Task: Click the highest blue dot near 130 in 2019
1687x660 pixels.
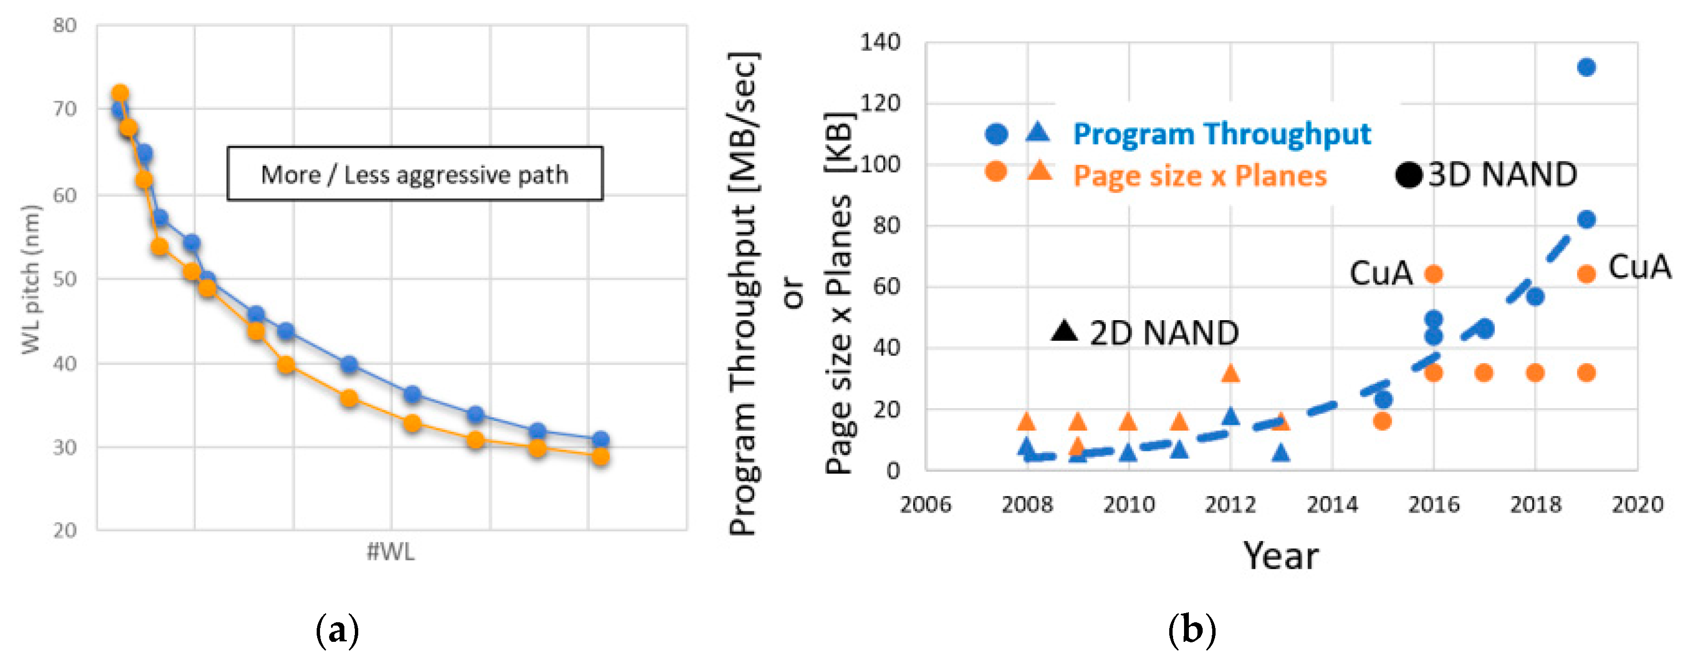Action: click(x=1585, y=67)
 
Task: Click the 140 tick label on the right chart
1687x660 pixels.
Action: click(x=879, y=43)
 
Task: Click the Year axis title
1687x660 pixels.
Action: click(x=1281, y=556)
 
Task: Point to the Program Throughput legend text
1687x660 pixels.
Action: click(x=1221, y=134)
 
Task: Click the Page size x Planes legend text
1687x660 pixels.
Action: click(x=1199, y=176)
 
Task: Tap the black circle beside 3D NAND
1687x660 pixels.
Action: click(x=1408, y=174)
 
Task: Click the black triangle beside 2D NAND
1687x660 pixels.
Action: click(x=1064, y=331)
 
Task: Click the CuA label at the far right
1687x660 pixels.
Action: click(x=1639, y=268)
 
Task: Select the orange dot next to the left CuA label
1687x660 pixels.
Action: click(x=1433, y=274)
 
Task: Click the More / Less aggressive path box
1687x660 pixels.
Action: click(x=415, y=173)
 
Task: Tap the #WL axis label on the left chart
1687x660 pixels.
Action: click(x=390, y=552)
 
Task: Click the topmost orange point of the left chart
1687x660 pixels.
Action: click(x=120, y=94)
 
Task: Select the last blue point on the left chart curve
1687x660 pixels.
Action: click(x=600, y=440)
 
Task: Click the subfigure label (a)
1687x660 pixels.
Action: click(x=337, y=630)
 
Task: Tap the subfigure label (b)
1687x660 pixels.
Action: click(x=1192, y=630)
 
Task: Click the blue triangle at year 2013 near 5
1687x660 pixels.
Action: click(x=1281, y=452)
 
